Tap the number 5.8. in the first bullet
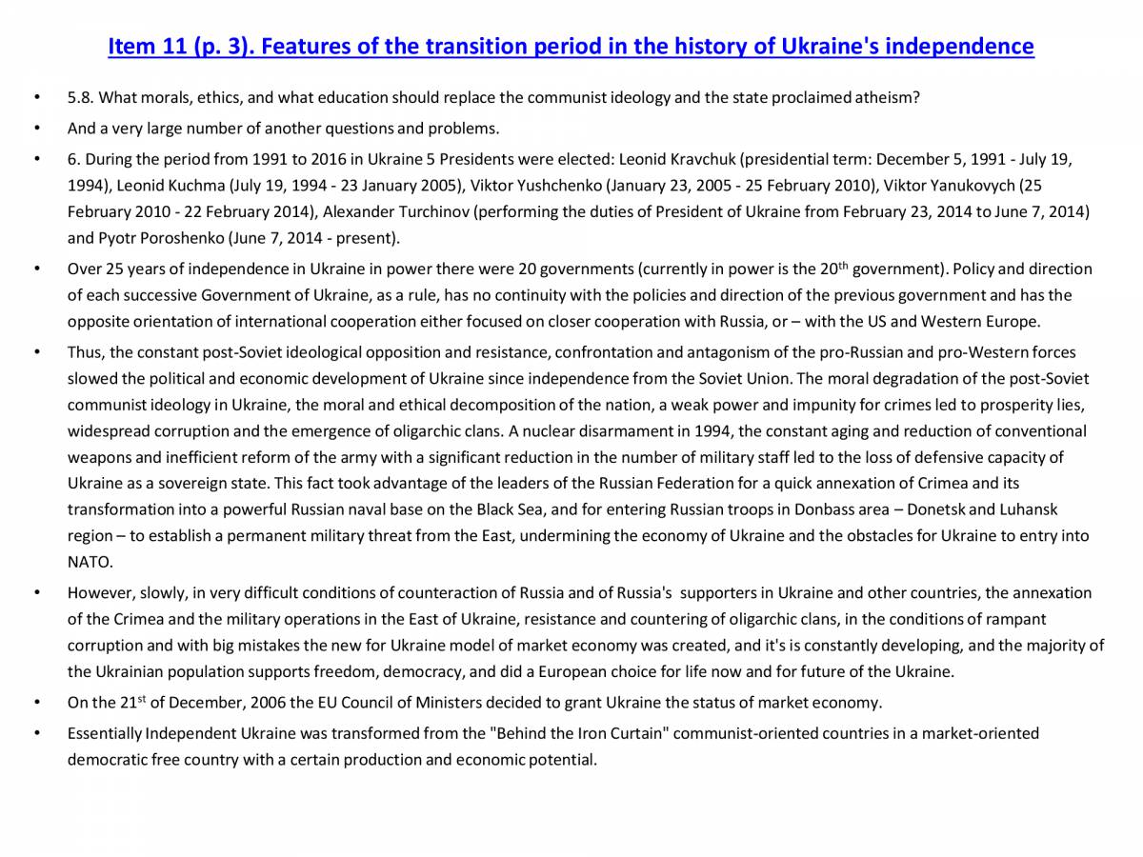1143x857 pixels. tap(81, 97)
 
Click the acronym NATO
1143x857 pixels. tap(90, 562)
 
